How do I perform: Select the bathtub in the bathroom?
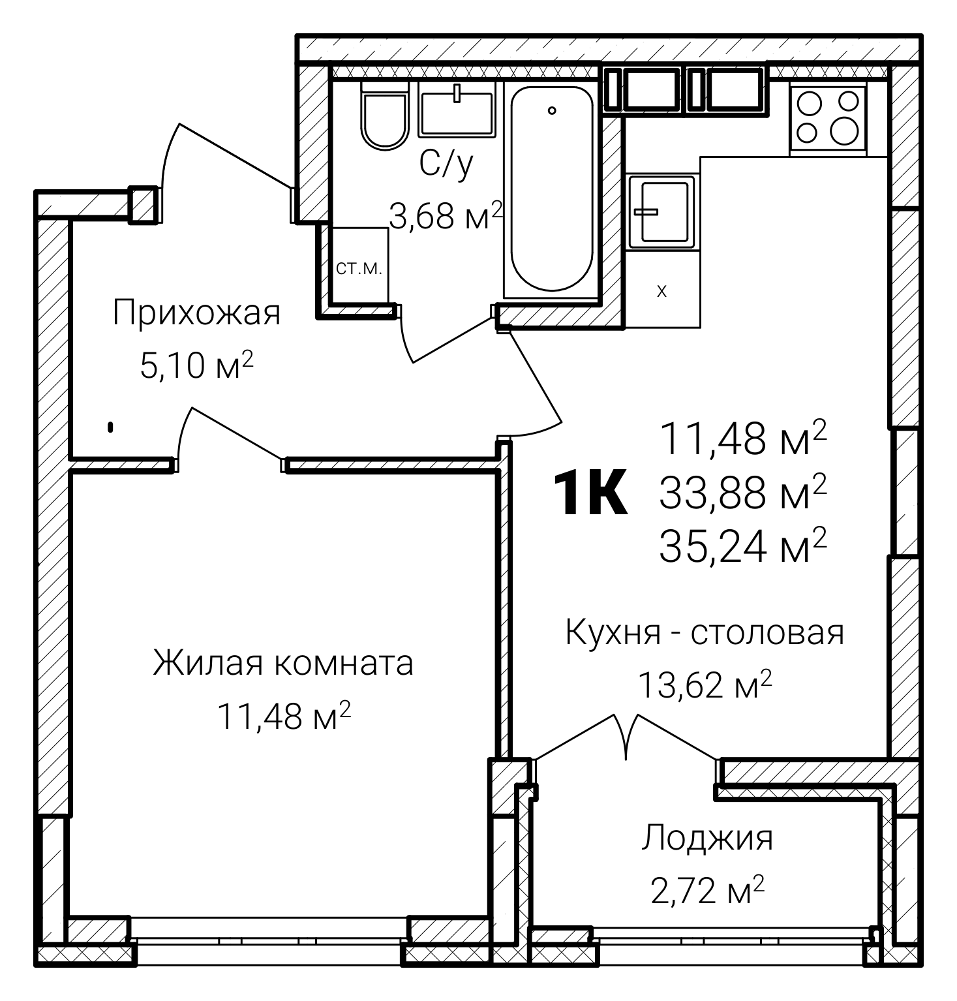[x=552, y=189]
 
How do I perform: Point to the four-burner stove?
[x=828, y=117]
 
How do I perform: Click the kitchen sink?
[x=660, y=211]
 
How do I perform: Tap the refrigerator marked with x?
[x=661, y=291]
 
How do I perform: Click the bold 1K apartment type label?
[x=590, y=494]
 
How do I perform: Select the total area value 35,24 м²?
[x=743, y=547]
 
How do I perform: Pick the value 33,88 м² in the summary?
[x=743, y=493]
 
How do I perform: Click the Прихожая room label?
[x=196, y=313]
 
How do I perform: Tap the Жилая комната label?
[x=283, y=663]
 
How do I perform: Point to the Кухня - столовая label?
[x=705, y=632]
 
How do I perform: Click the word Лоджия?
[x=707, y=839]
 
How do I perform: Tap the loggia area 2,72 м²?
[x=707, y=891]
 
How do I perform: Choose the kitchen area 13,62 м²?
[x=705, y=685]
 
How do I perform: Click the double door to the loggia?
[x=626, y=737]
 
